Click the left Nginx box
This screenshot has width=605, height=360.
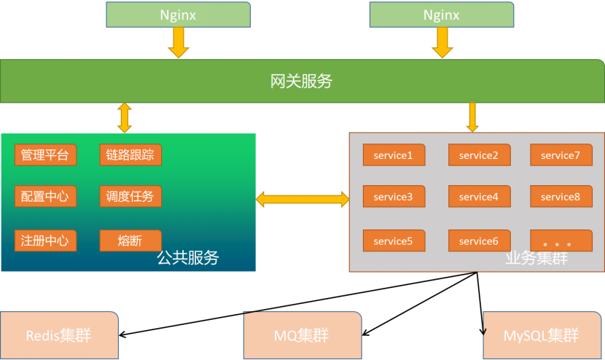click(x=178, y=15)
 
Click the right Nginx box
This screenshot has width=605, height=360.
click(x=441, y=15)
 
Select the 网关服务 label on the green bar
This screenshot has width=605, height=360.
click(x=301, y=82)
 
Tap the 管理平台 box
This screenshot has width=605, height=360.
click(x=45, y=155)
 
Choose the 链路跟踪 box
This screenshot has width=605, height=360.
click(x=130, y=155)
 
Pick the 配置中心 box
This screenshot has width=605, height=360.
click(x=45, y=197)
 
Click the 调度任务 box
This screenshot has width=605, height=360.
click(x=130, y=197)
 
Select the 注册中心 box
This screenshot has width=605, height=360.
click(x=45, y=240)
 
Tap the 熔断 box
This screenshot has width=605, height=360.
click(x=130, y=240)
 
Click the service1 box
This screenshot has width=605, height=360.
click(x=394, y=155)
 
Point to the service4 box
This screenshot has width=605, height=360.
click(x=479, y=197)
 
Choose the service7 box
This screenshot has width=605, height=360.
click(x=561, y=155)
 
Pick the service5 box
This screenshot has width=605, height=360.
click(x=394, y=241)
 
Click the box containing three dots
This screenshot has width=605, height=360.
click(x=561, y=241)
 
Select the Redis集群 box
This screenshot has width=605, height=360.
click(x=59, y=336)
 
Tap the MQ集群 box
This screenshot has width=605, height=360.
click(x=302, y=336)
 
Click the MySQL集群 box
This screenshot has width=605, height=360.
click(x=541, y=336)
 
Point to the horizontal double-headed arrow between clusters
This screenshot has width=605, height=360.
click(x=302, y=199)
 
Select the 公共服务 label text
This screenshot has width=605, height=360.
click(x=188, y=257)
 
